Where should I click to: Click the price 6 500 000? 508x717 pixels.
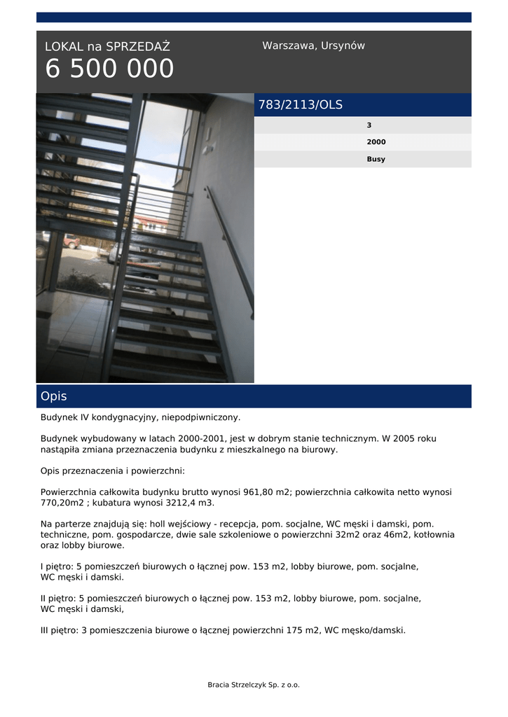109,69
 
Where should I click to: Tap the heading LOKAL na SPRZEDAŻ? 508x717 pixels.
107,47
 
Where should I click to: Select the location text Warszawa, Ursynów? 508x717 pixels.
313,46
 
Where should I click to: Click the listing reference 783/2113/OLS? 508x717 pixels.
301,105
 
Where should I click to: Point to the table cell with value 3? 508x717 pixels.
369,125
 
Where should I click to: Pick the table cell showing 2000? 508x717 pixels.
376,142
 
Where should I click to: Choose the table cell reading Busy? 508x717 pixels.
376,159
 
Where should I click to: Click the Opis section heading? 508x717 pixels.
54,396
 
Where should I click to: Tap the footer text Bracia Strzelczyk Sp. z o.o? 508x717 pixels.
254,685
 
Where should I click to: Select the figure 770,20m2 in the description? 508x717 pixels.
62,503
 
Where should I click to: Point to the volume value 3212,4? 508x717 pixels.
184,503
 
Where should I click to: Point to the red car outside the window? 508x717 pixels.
71,242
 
